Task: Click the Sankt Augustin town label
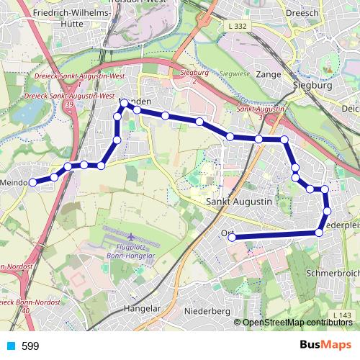(x=239, y=202)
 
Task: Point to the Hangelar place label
(x=141, y=308)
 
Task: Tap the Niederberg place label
(x=207, y=311)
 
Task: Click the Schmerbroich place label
(x=333, y=274)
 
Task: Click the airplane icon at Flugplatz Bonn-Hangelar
(x=130, y=236)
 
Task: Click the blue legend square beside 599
(x=11, y=346)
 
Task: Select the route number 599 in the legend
(x=30, y=346)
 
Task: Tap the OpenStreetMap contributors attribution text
(x=297, y=323)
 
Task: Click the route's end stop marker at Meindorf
(x=32, y=183)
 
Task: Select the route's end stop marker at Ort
(x=232, y=237)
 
